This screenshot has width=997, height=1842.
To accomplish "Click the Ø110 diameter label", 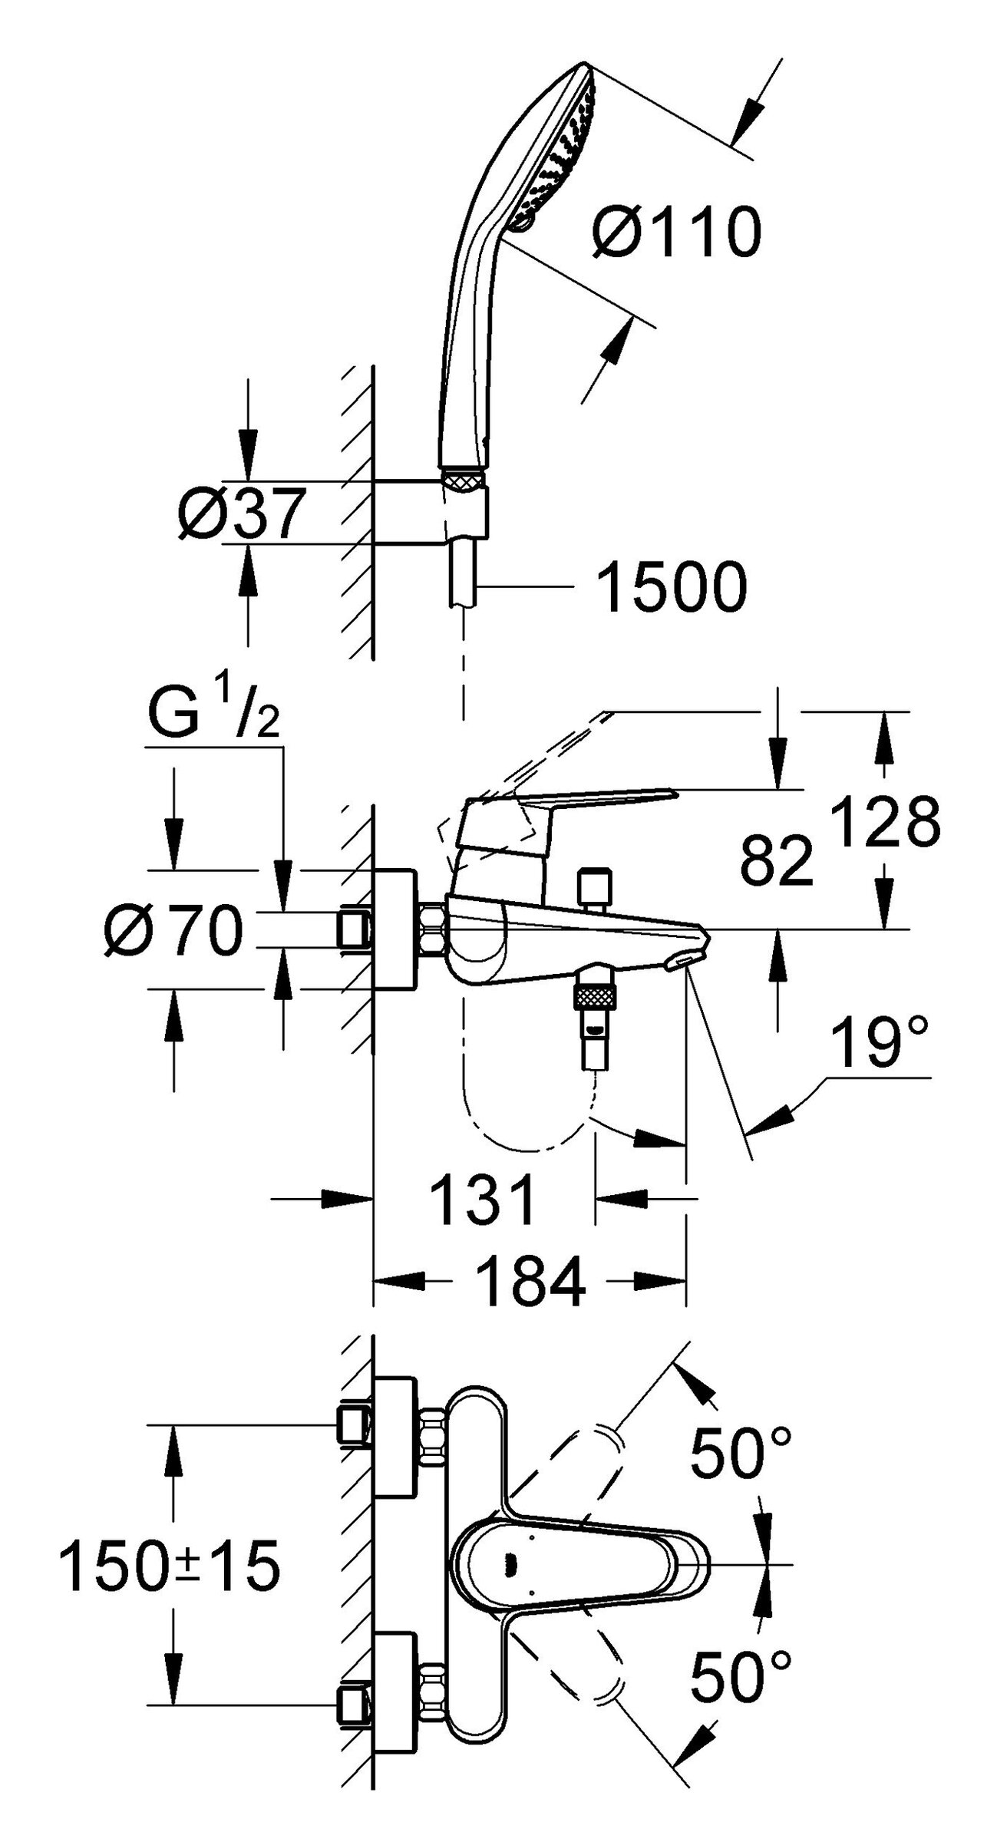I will [x=677, y=233].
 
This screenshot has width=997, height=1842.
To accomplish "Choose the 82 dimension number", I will [x=776, y=860].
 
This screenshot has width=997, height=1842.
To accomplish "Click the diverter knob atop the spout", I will [x=596, y=886].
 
